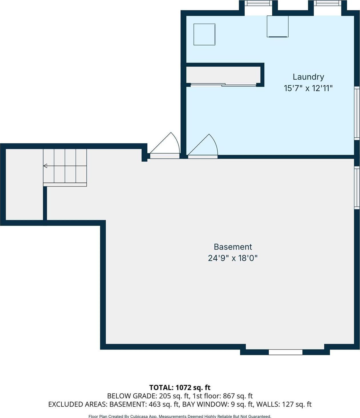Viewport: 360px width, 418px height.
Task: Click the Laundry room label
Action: (x=308, y=77)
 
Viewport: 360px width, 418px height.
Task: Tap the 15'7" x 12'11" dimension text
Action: (x=308, y=88)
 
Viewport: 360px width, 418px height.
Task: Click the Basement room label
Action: (x=233, y=247)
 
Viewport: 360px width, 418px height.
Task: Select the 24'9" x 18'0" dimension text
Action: (x=233, y=258)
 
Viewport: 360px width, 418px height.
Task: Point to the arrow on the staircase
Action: (x=45, y=166)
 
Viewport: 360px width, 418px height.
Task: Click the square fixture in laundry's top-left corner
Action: (x=204, y=35)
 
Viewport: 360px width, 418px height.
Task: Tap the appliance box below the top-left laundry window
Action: (x=277, y=27)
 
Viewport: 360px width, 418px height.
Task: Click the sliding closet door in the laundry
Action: (x=223, y=85)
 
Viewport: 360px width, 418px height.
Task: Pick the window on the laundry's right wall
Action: (x=357, y=113)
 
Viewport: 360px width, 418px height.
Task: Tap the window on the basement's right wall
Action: (x=357, y=187)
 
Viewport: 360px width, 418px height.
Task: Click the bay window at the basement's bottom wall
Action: (x=285, y=352)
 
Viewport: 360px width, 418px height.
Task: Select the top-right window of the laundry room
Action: (x=327, y=3)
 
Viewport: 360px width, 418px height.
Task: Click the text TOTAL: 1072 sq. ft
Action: (x=180, y=387)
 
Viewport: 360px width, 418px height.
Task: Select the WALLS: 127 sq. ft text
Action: (x=284, y=404)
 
